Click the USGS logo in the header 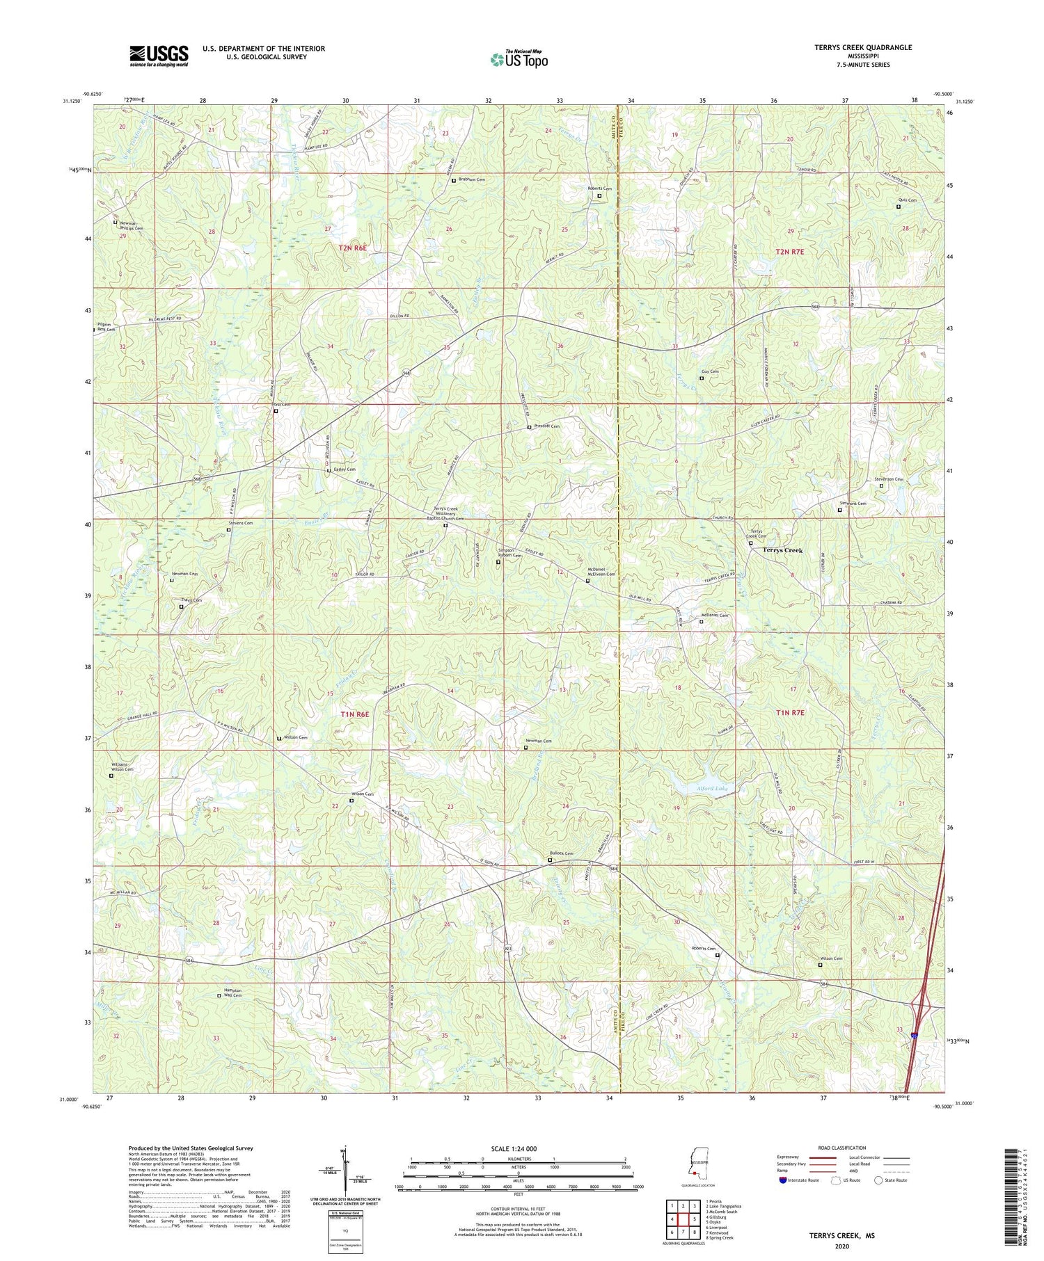coord(159,56)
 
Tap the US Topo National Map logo coord(519,59)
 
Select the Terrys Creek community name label coord(782,550)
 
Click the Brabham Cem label coord(471,179)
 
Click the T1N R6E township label coord(354,714)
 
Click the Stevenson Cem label coord(889,479)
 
